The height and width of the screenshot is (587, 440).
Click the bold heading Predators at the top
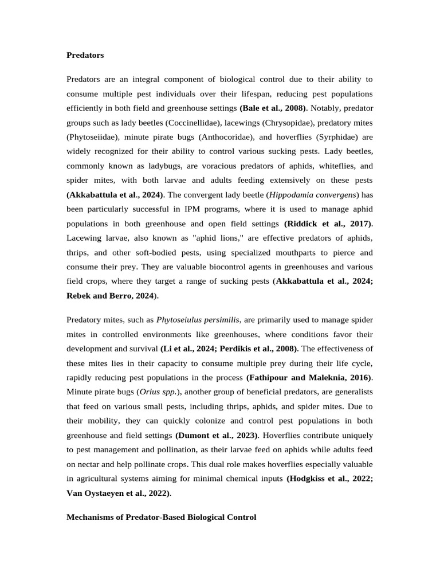point(85,56)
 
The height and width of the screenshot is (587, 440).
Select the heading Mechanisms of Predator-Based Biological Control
point(162,516)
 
